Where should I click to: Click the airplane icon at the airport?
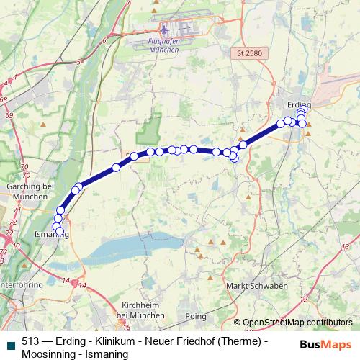point(165,31)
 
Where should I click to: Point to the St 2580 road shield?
point(248,53)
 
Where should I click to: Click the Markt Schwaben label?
point(257,286)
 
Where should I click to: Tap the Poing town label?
point(196,316)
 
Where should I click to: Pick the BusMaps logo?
point(325,344)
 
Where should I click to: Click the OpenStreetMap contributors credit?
point(297,323)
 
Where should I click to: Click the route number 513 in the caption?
point(31,342)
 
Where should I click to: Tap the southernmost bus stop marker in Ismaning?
point(60,232)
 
